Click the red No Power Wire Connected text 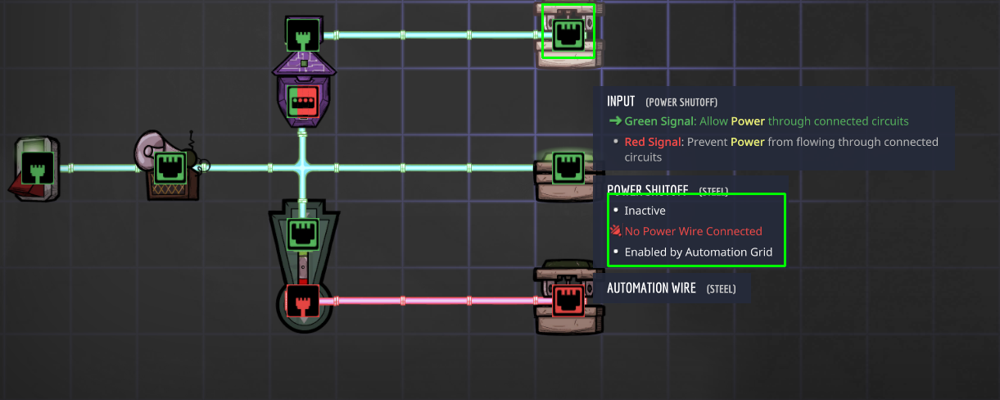pos(693,231)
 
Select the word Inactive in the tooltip pos(645,211)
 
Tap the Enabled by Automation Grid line pos(698,252)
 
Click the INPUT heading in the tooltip pos(621,101)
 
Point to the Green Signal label pos(658,121)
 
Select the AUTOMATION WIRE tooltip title pos(651,289)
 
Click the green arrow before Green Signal pos(615,121)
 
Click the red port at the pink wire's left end pos(301,301)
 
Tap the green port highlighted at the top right pos(568,34)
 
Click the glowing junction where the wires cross pos(302,168)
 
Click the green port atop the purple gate pos(302,34)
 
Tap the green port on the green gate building pos(302,234)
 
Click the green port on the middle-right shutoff pos(568,168)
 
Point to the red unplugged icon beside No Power pos(616,231)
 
